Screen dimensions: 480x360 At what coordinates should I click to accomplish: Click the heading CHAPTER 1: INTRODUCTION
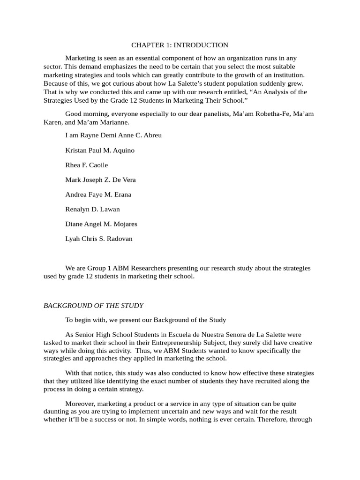[180, 45]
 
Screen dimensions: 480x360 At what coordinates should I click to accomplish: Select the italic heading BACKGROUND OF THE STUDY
[93, 306]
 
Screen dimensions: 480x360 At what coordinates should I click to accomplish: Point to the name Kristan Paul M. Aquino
[100, 150]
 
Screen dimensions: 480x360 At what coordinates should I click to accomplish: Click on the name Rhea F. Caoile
[87, 165]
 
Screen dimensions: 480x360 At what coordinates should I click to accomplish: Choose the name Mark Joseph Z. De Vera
[100, 180]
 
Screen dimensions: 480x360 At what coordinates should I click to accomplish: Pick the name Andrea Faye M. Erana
[98, 195]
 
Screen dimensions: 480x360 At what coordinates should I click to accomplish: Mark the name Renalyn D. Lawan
[92, 210]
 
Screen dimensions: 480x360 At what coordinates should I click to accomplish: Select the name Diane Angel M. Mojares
[101, 224]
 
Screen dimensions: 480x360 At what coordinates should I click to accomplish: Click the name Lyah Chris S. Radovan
[99, 239]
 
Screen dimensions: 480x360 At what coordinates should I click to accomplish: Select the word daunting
[56, 411]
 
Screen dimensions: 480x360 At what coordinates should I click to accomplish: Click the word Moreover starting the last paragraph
[81, 404]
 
